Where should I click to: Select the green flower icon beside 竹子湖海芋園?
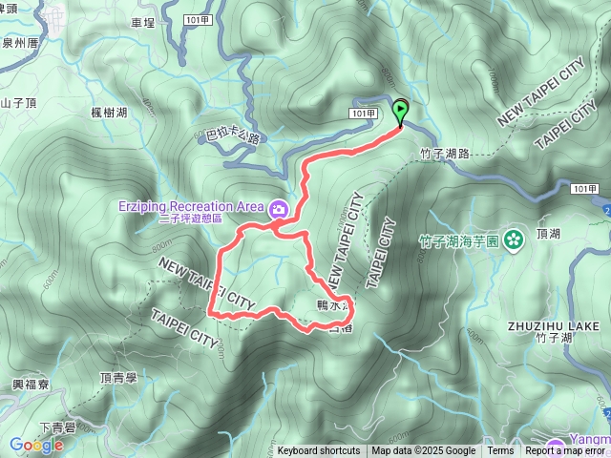[x=514, y=239]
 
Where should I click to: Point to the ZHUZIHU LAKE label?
[x=553, y=325]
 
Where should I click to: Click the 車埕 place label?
[x=168, y=21]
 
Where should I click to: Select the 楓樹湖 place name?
[x=109, y=113]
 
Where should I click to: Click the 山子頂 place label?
[x=18, y=104]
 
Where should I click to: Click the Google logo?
[x=36, y=445]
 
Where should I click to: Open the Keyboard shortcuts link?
[x=319, y=451]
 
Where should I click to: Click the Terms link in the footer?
[x=500, y=451]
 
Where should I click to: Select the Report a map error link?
[x=565, y=451]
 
